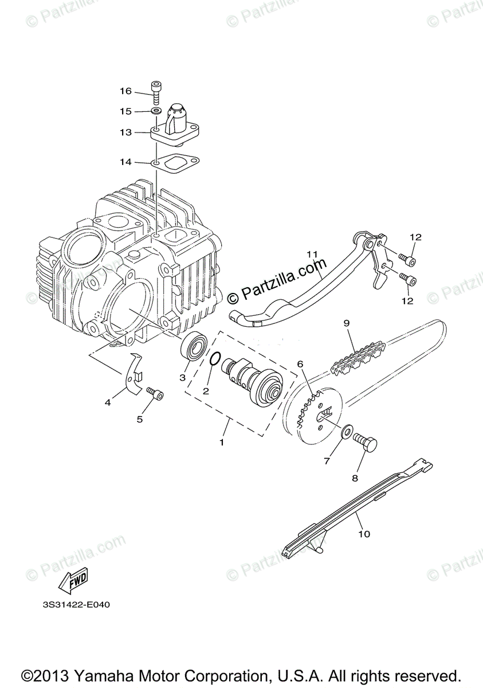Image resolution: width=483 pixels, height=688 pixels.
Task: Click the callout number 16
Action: (125, 91)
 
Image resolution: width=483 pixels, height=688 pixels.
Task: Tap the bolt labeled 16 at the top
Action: (156, 93)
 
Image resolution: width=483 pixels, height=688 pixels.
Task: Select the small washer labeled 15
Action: (156, 111)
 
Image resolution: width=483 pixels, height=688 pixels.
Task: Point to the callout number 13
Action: (125, 132)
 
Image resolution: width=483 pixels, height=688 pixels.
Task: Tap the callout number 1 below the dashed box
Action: (222, 442)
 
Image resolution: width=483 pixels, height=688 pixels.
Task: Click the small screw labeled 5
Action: (155, 394)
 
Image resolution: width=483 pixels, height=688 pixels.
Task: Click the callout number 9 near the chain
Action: (346, 323)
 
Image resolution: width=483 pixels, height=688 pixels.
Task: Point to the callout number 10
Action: (364, 534)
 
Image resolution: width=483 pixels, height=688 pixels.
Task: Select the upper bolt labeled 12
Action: (409, 260)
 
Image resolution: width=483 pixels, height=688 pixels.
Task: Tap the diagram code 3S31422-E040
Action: (75, 605)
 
